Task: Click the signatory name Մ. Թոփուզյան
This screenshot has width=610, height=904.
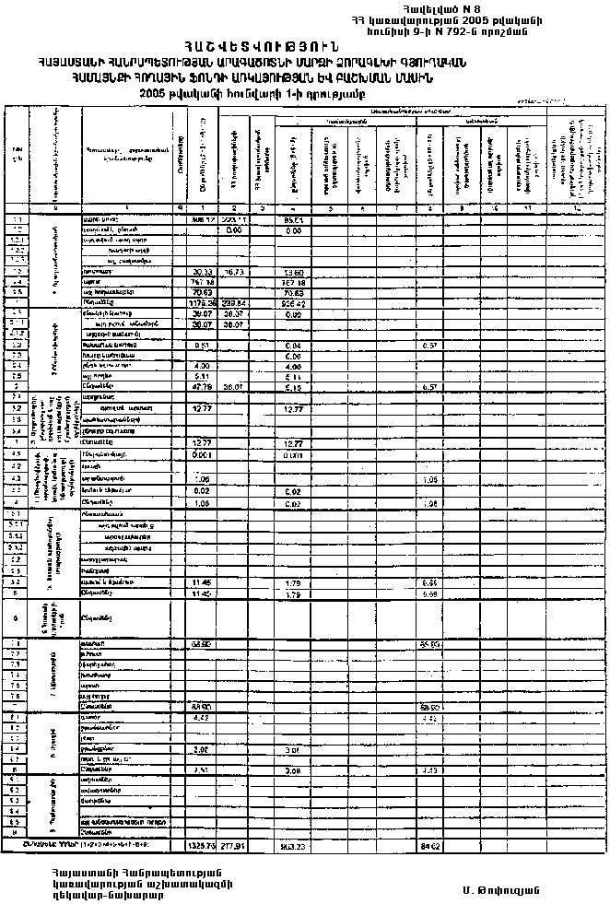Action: point(501,889)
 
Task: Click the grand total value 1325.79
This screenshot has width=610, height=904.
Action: point(201,842)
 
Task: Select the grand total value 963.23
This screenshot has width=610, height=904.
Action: point(295,842)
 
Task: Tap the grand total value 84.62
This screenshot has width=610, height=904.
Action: point(431,842)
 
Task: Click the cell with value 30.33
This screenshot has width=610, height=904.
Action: point(203,273)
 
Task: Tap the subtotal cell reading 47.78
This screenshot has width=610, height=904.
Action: point(203,387)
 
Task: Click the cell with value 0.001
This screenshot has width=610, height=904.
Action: point(203,454)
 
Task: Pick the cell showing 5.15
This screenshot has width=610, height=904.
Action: point(295,387)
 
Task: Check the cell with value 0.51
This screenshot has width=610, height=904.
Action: point(203,344)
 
